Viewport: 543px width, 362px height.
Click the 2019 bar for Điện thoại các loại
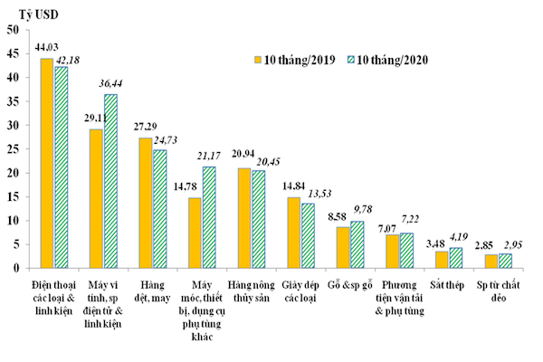tap(46, 163)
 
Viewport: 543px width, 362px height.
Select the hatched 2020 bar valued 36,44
tap(110, 181)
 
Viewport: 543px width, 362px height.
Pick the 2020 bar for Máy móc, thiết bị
tap(208, 217)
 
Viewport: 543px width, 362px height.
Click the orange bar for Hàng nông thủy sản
tap(243, 218)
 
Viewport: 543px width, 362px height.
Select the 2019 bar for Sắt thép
tap(441, 259)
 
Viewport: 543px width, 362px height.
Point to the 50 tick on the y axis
tap(14, 30)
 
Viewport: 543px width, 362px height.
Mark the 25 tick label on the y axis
tap(14, 148)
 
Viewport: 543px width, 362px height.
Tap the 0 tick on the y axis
tap(16, 268)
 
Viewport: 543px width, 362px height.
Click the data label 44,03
tap(46, 46)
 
